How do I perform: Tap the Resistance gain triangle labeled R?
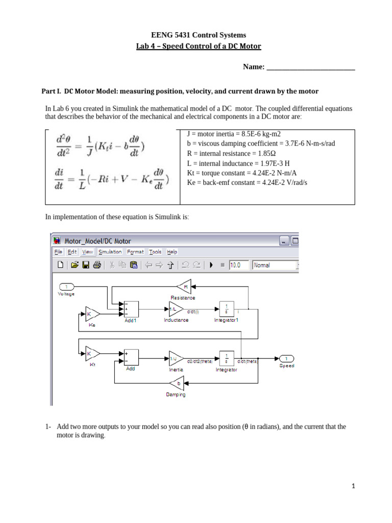click(x=185, y=287)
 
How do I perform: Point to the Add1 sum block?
click(x=131, y=308)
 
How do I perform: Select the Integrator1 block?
click(x=226, y=308)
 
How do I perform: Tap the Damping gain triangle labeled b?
click(x=177, y=383)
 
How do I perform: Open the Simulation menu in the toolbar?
click(x=110, y=252)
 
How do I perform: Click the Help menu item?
click(x=172, y=252)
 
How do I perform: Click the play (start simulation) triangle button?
click(x=210, y=265)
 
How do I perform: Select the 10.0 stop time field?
click(x=238, y=265)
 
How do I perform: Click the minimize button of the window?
click(x=284, y=241)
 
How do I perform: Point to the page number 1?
click(x=353, y=486)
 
